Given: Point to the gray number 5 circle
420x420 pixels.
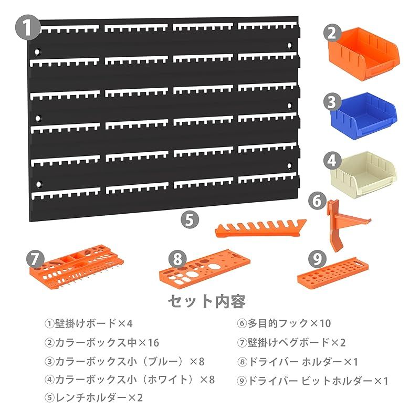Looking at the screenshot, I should (x=190, y=219).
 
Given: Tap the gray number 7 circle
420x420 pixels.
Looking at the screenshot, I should (x=34, y=258).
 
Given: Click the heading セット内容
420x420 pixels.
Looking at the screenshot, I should (x=206, y=301).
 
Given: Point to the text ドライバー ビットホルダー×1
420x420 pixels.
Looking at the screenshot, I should (x=313, y=381).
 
